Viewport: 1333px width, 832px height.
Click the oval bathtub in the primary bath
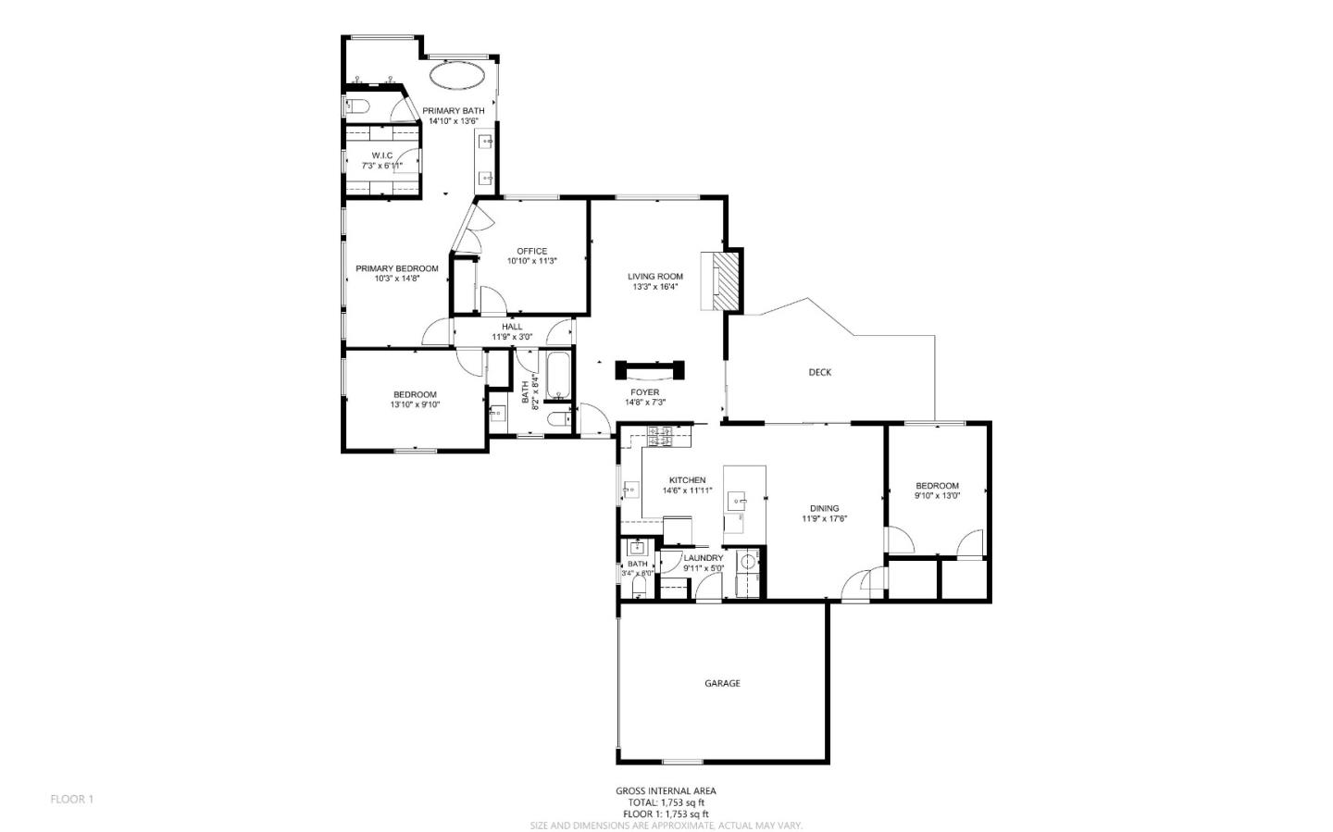457,76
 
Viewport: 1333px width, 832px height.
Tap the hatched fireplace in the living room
728,281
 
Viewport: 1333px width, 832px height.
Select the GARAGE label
722,683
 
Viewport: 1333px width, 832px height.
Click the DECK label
819,373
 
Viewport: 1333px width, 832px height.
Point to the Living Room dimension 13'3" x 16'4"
655,287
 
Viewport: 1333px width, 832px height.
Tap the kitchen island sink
738,500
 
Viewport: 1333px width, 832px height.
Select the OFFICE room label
532,251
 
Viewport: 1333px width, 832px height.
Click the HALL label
512,327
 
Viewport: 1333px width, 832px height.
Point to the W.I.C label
382,155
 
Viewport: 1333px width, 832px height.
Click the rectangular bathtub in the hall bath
558,376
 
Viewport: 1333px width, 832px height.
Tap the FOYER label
645,392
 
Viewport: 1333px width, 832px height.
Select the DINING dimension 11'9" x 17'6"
824,518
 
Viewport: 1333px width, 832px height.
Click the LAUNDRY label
704,558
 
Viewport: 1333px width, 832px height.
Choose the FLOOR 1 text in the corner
72,800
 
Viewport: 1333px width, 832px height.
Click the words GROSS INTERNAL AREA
666,791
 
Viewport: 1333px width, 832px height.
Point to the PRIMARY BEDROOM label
397,268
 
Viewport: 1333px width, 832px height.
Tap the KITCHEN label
687,480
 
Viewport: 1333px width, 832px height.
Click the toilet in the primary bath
357,106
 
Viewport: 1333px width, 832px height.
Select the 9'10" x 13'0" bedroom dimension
937,496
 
